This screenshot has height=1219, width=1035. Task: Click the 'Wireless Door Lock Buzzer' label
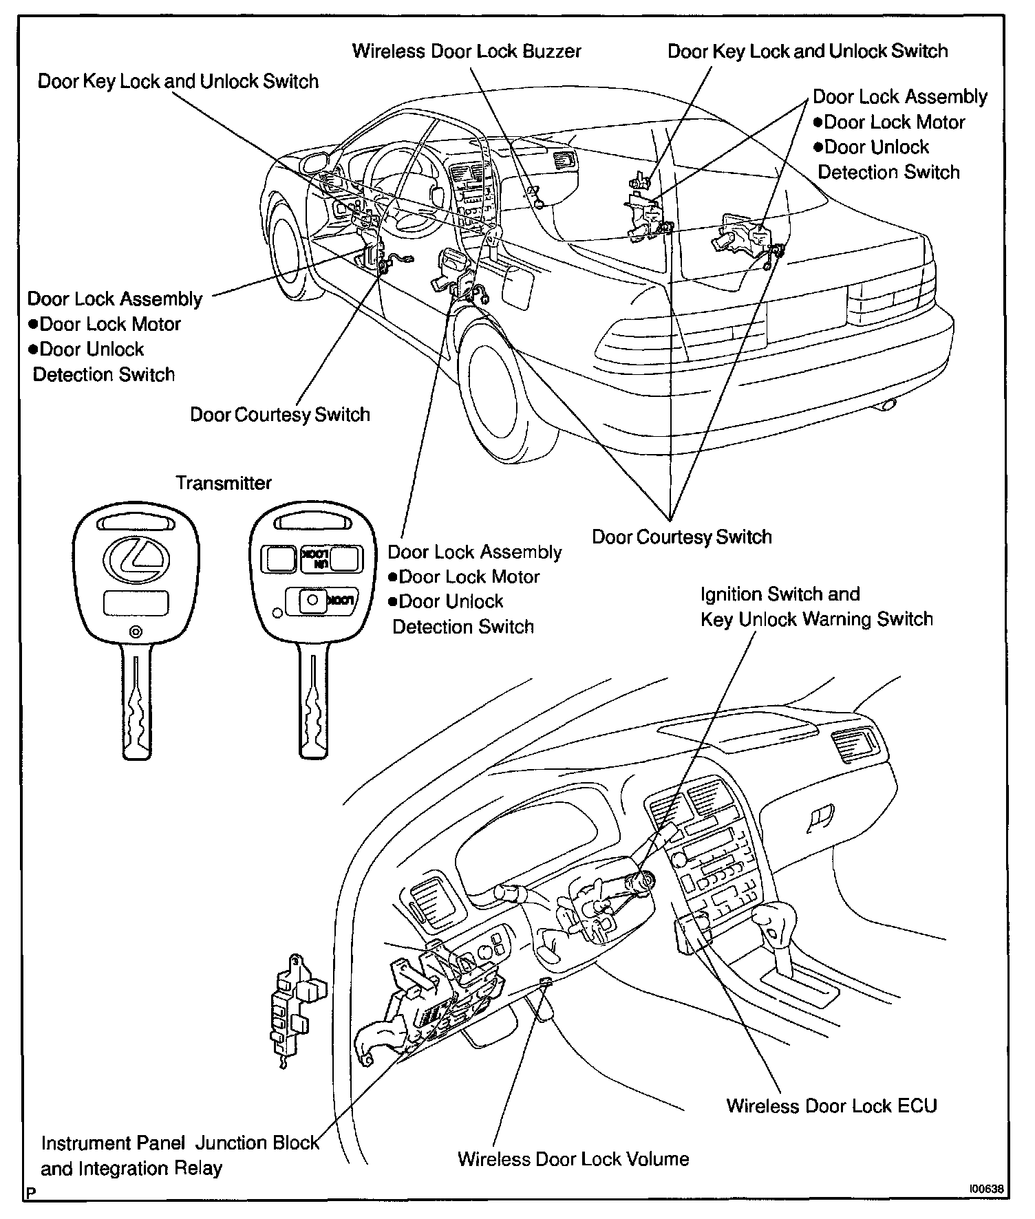pyautogui.click(x=467, y=52)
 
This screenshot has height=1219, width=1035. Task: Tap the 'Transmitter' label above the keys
pyautogui.click(x=224, y=483)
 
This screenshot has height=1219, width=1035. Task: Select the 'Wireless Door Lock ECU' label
pyautogui.click(x=831, y=1106)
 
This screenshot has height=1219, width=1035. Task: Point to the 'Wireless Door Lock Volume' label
pyautogui.click(x=573, y=1159)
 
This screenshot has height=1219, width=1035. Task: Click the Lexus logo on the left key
pyautogui.click(x=136, y=559)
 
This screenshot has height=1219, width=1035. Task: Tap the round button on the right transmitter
pyautogui.click(x=312, y=600)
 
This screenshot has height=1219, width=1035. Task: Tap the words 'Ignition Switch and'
pyautogui.click(x=780, y=594)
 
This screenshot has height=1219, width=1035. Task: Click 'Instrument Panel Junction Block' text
pyautogui.click(x=180, y=1143)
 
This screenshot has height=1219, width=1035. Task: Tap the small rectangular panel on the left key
pyautogui.click(x=136, y=603)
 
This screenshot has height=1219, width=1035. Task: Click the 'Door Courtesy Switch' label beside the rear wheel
pyautogui.click(x=681, y=537)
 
